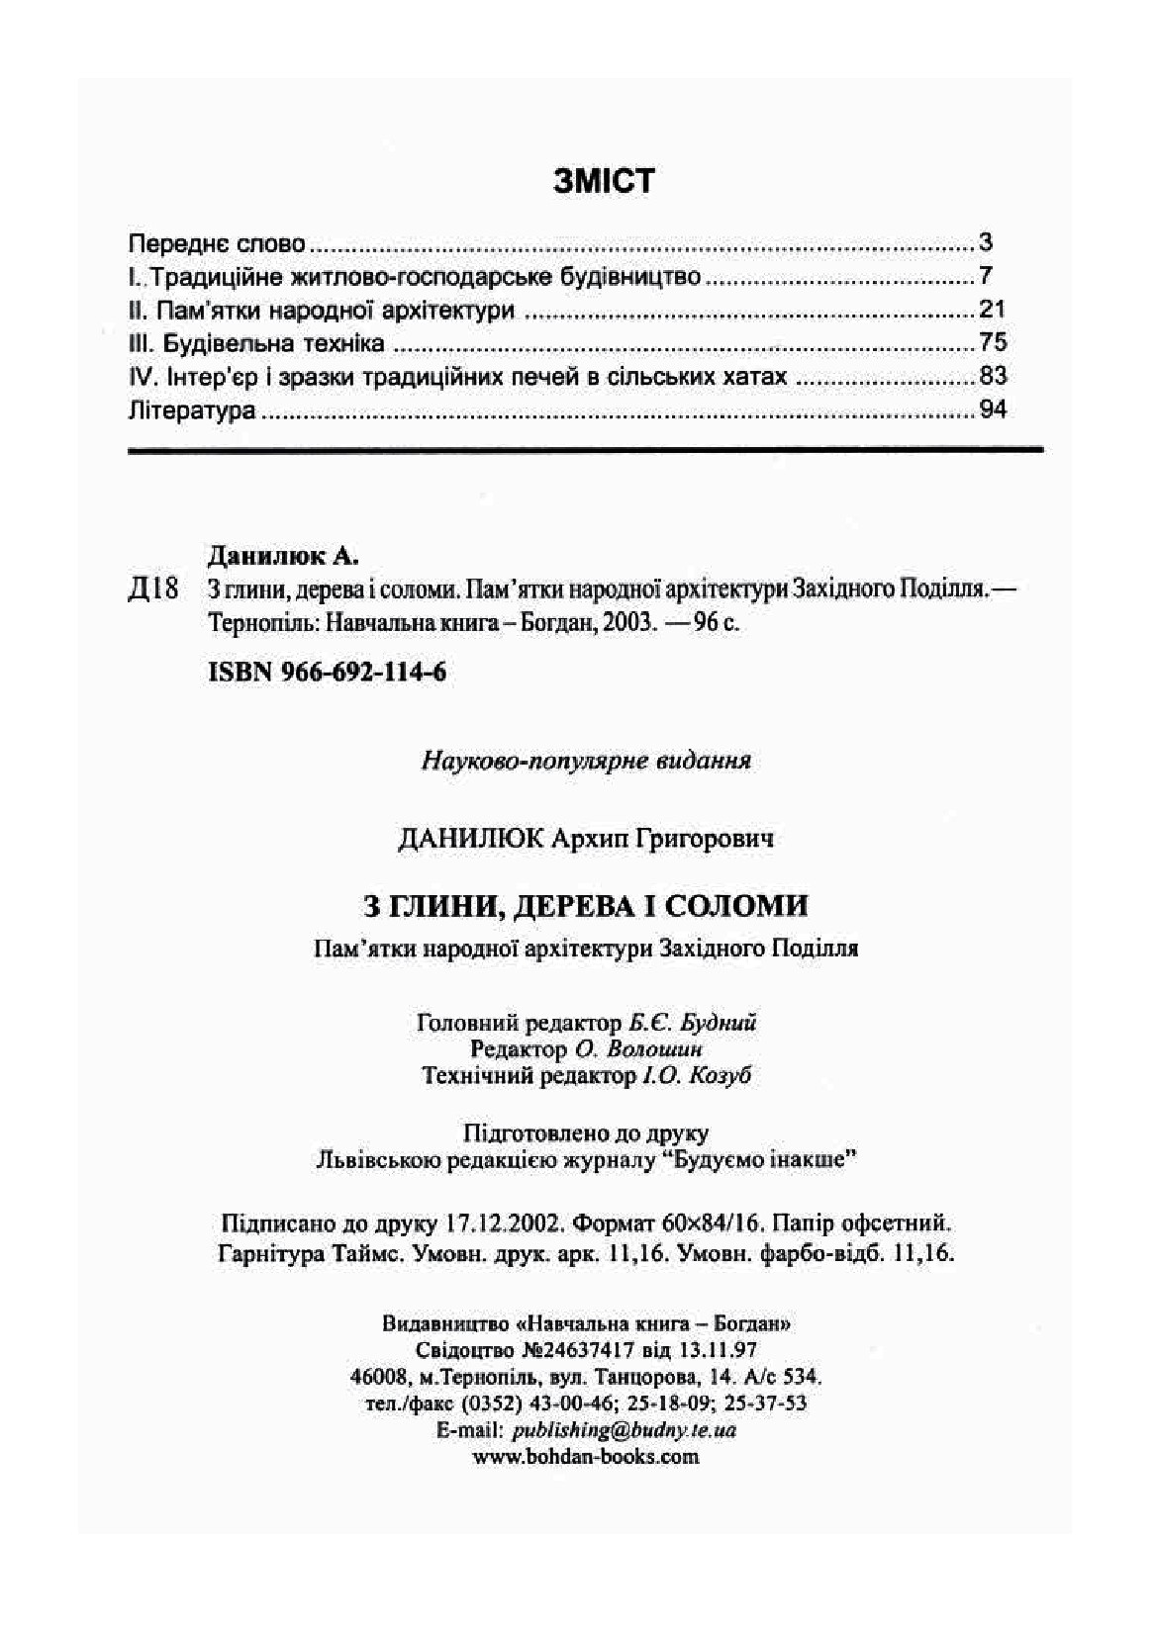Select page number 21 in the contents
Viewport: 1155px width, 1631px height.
992,310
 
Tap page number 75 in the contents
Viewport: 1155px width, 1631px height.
992,343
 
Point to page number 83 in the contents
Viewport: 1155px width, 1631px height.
992,376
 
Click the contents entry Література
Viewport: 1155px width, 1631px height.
192,409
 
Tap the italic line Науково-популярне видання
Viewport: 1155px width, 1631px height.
586,761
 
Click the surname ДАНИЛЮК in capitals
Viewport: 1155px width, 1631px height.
469,839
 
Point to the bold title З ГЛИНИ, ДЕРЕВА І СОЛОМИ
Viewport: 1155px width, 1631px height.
586,906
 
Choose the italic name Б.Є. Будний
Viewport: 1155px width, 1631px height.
692,1023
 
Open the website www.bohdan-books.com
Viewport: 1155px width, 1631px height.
586,1456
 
